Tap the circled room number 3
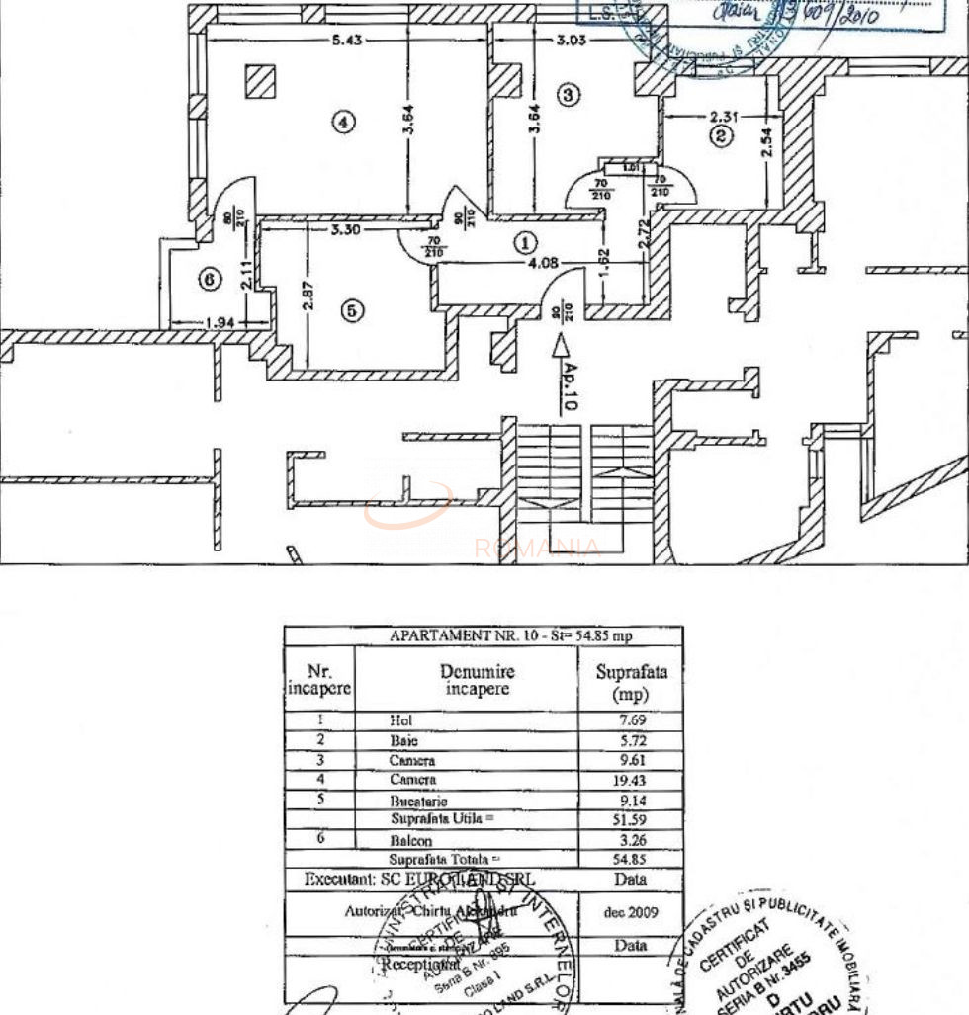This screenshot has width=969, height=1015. tap(568, 95)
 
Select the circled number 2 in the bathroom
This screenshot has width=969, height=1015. tap(722, 136)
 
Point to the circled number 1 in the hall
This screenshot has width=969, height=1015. tap(526, 241)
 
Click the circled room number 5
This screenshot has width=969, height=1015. tap(352, 309)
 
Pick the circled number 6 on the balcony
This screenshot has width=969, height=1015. tap(208, 280)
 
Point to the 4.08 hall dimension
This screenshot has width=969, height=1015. tap(545, 263)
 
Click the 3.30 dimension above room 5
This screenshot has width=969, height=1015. tap(343, 230)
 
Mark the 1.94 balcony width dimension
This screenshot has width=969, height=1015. tap(220, 322)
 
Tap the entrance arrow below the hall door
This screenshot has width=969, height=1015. tap(561, 345)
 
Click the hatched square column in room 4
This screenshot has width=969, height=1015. tap(260, 81)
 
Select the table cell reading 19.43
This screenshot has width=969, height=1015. tap(631, 781)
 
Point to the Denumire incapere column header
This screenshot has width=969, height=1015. tap(477, 680)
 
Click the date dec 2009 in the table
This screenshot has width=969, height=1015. tap(630, 912)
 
